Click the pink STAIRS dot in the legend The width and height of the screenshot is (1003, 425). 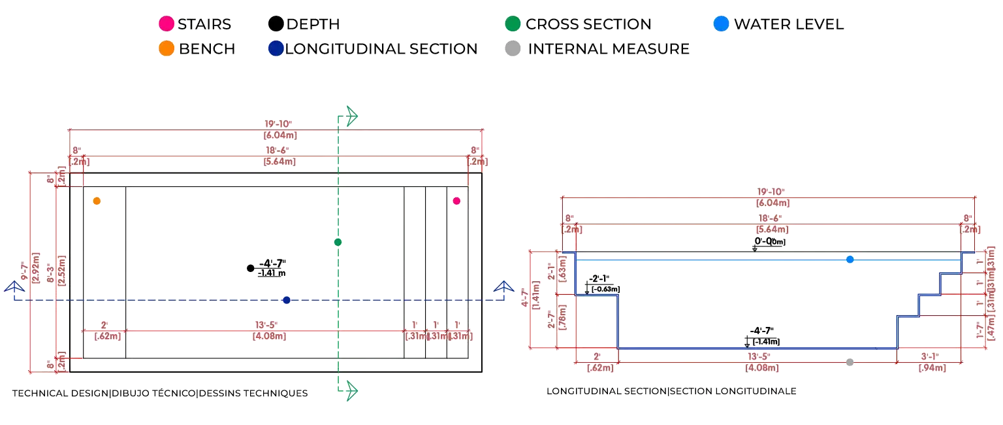coord(167,25)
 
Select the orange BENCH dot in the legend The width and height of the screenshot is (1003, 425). coord(167,49)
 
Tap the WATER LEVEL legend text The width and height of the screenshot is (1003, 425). coord(789,25)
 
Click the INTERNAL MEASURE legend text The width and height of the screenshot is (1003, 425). coord(608,49)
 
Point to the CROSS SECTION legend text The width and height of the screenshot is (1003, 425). coord(588,25)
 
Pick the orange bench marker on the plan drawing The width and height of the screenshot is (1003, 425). coord(97,201)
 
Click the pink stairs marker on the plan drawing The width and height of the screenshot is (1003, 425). coord(457,201)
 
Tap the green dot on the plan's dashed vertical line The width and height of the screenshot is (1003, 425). coord(338,243)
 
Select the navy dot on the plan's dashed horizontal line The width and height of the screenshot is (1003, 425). coord(287,300)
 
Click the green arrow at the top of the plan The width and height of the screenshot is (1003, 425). coord(351,117)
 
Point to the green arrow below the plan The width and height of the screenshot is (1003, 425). coord(351,391)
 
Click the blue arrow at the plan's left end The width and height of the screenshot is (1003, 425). coord(14,287)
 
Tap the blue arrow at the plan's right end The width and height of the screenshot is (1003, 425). coord(502,287)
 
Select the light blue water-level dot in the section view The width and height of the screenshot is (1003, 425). coord(850,260)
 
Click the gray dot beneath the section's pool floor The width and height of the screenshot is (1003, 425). coord(850,361)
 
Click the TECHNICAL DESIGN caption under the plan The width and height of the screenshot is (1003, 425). coord(159,394)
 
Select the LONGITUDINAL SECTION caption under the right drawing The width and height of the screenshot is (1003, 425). coord(671,392)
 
